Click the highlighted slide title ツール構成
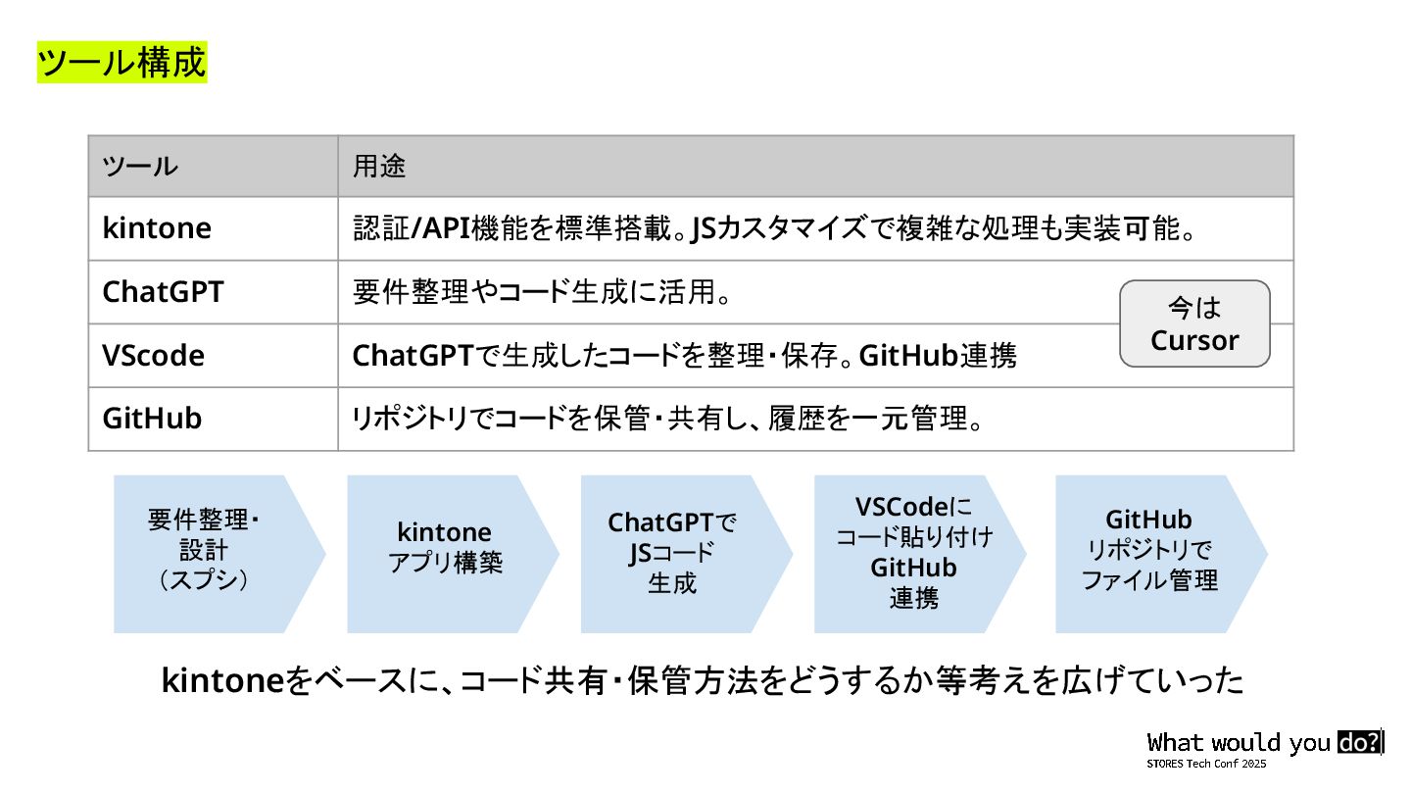coord(122,62)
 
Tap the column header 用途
coord(379,167)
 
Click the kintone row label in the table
coord(157,228)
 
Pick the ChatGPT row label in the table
coord(163,292)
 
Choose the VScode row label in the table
coord(153,355)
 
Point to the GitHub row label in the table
coord(152,419)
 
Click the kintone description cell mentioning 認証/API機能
coord(774,228)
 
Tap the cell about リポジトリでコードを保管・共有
coord(667,419)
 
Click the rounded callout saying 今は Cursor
coord(1194,324)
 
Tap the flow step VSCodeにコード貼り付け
coord(913,552)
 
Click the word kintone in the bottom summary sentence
coord(221,680)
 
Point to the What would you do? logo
coord(1265,742)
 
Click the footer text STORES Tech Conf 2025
coord(1206,763)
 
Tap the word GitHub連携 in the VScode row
coord(938,355)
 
